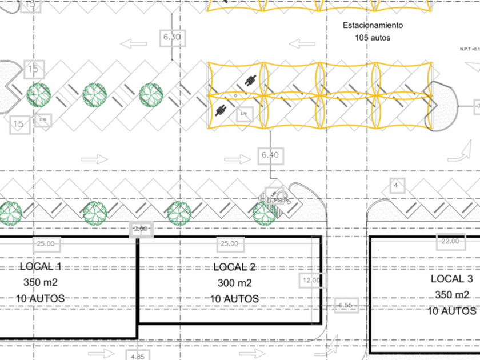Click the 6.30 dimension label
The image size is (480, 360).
[171, 37]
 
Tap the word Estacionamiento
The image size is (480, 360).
[373, 26]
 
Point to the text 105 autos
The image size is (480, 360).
[372, 38]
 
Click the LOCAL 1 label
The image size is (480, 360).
[40, 267]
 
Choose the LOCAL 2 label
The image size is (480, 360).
[234, 267]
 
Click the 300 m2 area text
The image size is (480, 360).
[234, 283]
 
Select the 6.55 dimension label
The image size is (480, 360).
[345, 306]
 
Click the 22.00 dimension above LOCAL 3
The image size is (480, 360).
[450, 241]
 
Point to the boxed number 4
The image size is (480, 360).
[397, 185]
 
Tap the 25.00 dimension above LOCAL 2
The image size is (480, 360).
[229, 244]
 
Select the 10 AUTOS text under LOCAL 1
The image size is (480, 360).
[40, 298]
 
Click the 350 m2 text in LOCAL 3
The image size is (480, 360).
[451, 295]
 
